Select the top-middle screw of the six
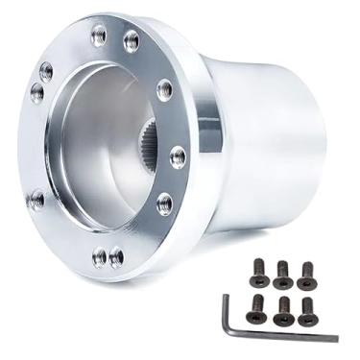pyautogui.click(x=282, y=274)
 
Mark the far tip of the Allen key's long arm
pyautogui.click(x=335, y=338)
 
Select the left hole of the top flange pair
pyautogui.click(x=99, y=36)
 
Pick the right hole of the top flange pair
pyautogui.click(x=132, y=40)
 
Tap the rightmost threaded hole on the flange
pyautogui.click(x=178, y=156)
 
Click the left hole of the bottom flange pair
pyautogui.click(x=100, y=256)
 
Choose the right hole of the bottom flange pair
pyautogui.click(x=116, y=257)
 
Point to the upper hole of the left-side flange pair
pyautogui.click(x=46, y=70)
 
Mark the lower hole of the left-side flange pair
pyautogui.click(x=37, y=92)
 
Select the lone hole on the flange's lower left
pyautogui.click(x=36, y=201)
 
